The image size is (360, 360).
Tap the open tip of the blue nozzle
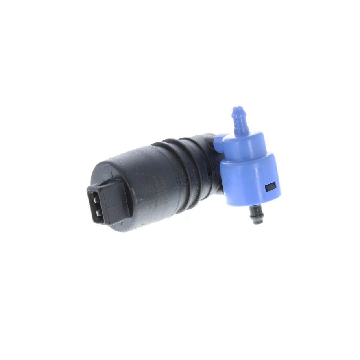point(237,108)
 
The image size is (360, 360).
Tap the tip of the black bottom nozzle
point(258,221)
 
